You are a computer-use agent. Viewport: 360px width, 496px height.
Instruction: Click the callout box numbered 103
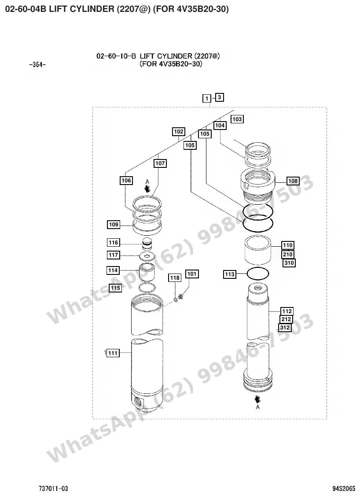click(237, 119)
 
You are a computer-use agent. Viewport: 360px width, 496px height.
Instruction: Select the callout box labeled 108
click(293, 181)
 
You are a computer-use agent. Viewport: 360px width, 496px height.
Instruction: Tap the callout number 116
click(114, 243)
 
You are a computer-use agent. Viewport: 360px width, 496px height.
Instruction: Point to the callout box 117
click(114, 255)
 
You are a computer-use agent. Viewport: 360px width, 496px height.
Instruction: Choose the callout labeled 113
click(230, 274)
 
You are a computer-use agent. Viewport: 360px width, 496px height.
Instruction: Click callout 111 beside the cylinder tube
click(113, 353)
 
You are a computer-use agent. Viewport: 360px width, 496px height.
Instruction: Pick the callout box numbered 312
click(285, 328)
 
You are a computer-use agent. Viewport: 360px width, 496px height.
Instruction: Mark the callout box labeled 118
click(175, 278)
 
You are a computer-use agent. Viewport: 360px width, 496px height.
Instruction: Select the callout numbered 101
click(192, 274)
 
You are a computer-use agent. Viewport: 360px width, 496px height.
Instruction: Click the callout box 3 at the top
click(219, 97)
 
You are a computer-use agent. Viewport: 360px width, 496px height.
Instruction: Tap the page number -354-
click(37, 65)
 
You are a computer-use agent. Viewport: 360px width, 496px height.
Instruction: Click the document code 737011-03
click(53, 489)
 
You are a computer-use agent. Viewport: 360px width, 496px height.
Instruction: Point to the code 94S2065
click(344, 489)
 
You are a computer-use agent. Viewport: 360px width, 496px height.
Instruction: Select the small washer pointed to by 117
click(147, 256)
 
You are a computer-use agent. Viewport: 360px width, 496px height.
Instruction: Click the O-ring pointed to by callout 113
click(257, 274)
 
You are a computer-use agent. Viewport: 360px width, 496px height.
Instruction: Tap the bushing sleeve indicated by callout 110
click(258, 250)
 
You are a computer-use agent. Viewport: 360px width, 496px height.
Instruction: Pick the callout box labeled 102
click(179, 132)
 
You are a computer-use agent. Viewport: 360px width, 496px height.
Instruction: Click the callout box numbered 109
click(114, 225)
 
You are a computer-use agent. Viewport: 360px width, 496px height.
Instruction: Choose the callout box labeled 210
click(288, 254)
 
